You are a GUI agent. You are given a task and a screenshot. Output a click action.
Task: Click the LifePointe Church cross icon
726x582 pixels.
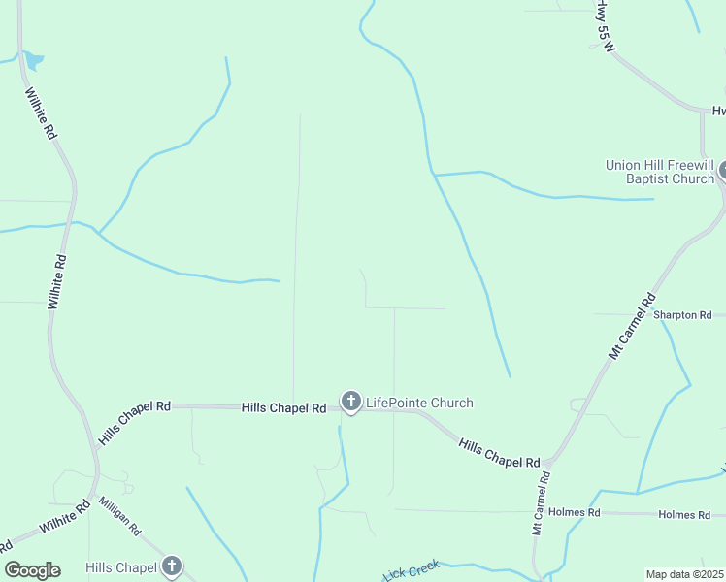tap(351, 401)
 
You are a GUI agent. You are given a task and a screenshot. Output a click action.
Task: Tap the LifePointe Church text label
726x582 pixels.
tap(419, 403)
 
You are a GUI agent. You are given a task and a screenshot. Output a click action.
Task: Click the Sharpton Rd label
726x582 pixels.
tap(682, 315)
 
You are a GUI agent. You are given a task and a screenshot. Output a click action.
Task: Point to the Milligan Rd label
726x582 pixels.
tap(120, 517)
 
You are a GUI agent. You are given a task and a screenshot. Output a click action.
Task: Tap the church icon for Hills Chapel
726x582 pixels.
tap(172, 566)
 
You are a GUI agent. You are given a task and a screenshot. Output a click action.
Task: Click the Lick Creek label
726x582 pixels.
tap(412, 570)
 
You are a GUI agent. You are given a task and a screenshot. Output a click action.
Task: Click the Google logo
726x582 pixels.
tap(32, 570)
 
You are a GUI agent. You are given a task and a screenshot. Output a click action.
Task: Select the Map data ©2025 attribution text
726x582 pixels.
tap(684, 574)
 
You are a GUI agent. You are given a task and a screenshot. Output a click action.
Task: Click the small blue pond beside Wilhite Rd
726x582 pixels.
tap(33, 61)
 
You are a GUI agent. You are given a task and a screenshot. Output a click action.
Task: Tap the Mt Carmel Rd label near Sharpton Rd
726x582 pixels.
tap(633, 327)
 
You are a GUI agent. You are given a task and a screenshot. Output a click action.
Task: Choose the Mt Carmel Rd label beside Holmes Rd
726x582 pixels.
tap(540, 504)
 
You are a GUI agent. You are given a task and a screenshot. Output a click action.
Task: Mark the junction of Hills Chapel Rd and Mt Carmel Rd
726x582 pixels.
tap(549, 463)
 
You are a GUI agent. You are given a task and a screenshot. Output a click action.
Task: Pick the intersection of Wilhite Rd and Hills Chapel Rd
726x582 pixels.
tap(98, 448)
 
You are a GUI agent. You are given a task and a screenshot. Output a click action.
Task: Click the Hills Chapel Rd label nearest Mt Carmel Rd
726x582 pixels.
tap(499, 453)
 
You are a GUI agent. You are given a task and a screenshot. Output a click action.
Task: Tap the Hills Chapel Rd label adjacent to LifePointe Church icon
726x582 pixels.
tap(283, 408)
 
